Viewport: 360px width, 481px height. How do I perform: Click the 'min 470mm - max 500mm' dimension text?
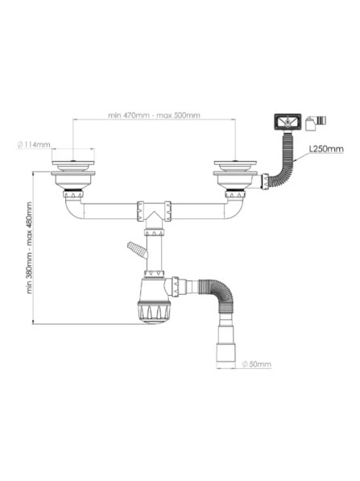click(x=154, y=115)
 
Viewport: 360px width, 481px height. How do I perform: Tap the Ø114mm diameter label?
click(x=34, y=144)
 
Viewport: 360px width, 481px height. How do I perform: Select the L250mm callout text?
click(x=326, y=149)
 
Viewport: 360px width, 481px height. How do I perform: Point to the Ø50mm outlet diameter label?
click(x=256, y=364)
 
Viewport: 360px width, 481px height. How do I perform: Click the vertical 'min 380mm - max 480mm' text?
click(x=29, y=247)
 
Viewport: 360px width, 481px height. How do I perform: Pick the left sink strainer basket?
click(x=73, y=176)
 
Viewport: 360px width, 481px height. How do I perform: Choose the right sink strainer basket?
click(x=235, y=176)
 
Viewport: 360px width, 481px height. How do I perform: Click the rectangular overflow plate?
click(x=288, y=122)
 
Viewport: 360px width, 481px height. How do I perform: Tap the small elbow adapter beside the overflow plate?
click(x=316, y=122)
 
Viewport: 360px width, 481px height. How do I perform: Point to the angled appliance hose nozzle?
click(x=137, y=251)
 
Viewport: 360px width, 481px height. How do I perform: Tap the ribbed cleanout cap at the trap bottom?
click(x=155, y=313)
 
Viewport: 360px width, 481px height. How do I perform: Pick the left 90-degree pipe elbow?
click(x=73, y=209)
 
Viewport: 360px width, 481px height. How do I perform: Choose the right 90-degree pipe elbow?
click(x=235, y=209)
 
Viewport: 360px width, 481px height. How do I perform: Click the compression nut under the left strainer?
click(x=73, y=194)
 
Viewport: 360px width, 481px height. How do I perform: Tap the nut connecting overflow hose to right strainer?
click(x=265, y=181)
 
